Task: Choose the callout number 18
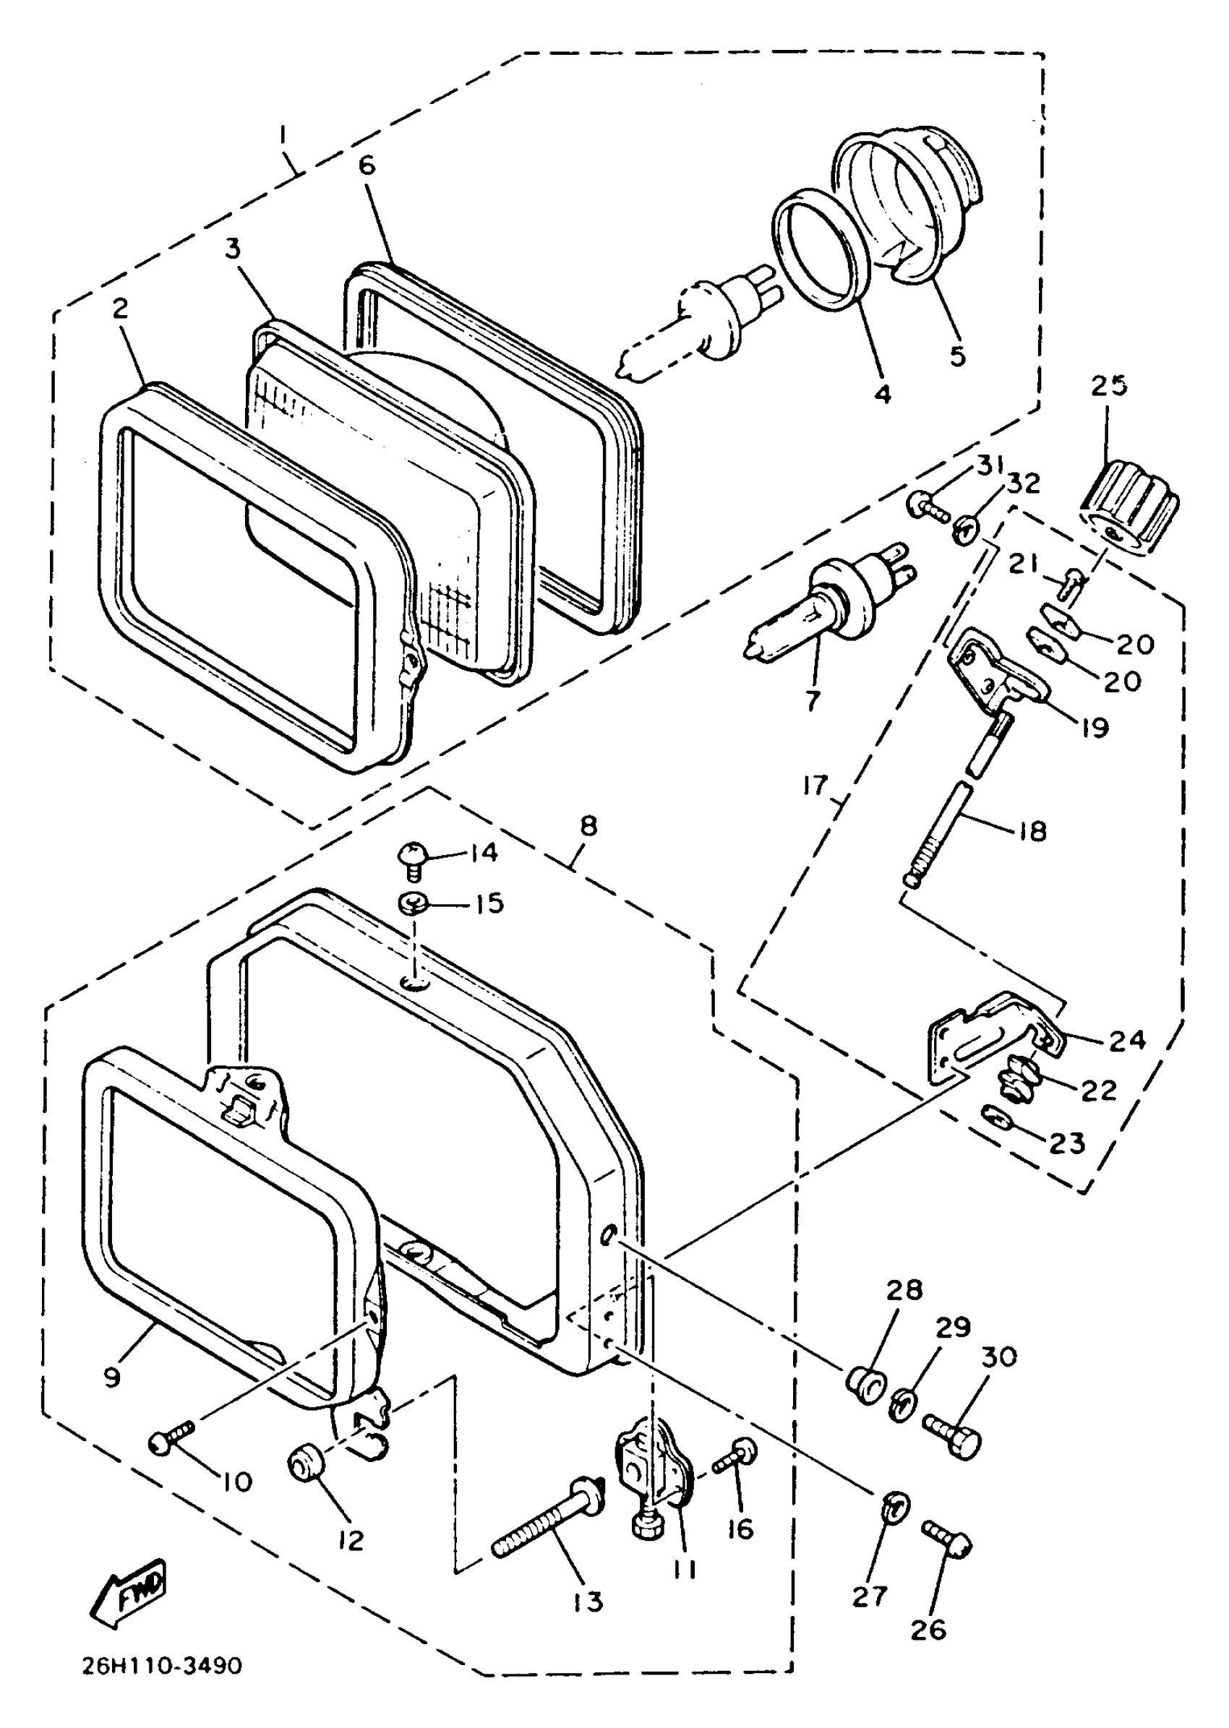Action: coord(1033,831)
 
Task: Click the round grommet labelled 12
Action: coord(305,1463)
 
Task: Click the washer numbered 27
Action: coord(895,1508)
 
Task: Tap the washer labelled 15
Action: coord(414,903)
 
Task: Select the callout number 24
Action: coord(1127,1041)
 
